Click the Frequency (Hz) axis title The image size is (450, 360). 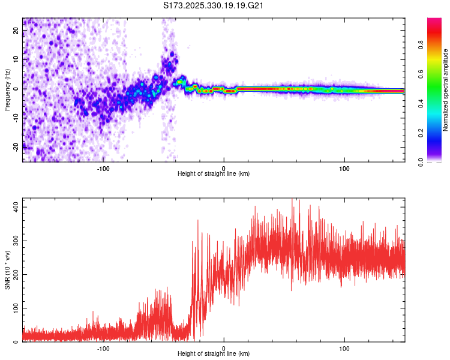coord(8,89)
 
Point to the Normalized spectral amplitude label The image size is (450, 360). coord(446,89)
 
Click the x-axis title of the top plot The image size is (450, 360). coord(214,174)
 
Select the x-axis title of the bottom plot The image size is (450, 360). coord(214,355)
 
